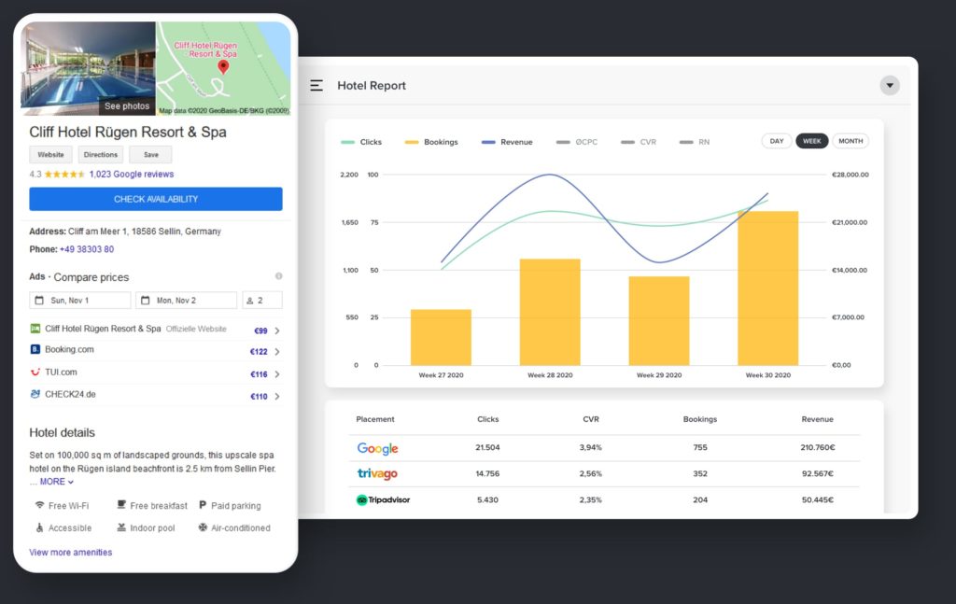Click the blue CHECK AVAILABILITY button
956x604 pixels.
pos(156,199)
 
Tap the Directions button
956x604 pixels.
pos(100,155)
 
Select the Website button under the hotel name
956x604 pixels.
pos(50,155)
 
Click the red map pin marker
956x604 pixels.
pos(223,67)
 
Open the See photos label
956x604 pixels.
pos(127,106)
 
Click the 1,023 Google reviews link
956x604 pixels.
pos(132,175)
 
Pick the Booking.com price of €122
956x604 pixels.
pos(259,352)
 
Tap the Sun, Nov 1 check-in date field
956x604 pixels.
pos(80,301)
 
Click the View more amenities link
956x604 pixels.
pos(71,553)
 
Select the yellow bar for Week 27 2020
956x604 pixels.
pos(441,337)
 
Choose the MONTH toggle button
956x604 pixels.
pos(851,141)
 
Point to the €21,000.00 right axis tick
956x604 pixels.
pos(851,222)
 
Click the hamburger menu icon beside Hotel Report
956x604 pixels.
pos(316,85)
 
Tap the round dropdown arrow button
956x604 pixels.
pos(890,86)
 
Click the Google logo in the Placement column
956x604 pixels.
pos(377,448)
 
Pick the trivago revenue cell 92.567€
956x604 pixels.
pos(817,474)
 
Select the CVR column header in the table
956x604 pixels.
pos(591,420)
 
